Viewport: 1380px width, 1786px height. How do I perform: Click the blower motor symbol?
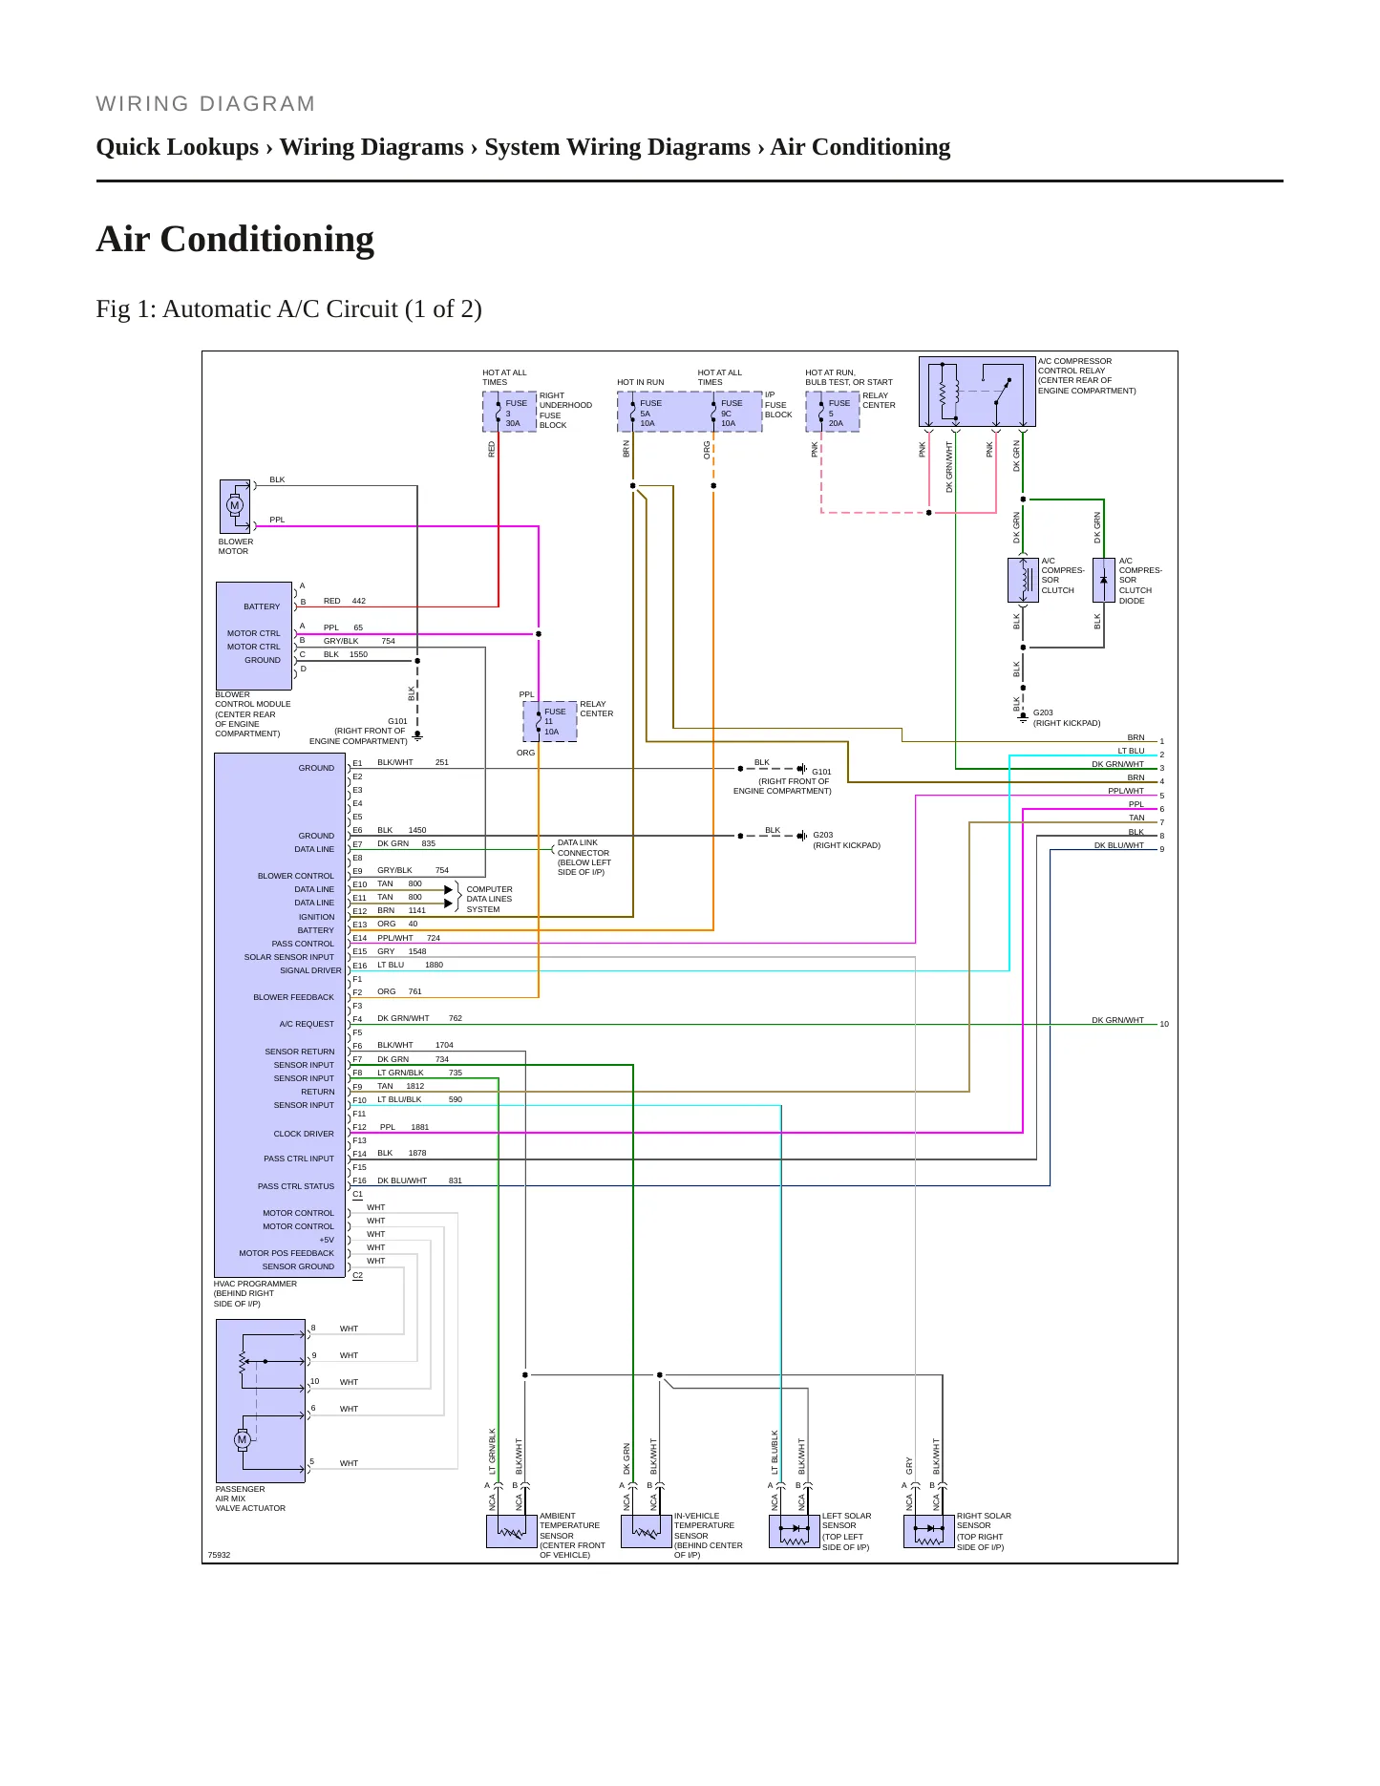[x=235, y=506]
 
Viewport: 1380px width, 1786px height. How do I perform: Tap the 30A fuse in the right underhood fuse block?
[x=509, y=412]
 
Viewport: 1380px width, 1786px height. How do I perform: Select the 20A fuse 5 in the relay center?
[x=833, y=412]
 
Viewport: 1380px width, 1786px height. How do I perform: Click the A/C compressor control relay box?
[x=977, y=392]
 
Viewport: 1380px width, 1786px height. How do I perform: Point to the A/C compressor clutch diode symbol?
[x=1104, y=580]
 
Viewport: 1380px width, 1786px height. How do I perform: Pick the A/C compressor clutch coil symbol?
[x=1023, y=580]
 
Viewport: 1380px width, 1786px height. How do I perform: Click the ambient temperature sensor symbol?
[x=512, y=1531]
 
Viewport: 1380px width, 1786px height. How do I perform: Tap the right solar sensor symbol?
[x=929, y=1531]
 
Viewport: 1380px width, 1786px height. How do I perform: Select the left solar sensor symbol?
[x=795, y=1531]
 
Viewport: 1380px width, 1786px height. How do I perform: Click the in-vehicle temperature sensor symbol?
[x=647, y=1531]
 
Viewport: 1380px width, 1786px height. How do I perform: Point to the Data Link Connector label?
[x=584, y=848]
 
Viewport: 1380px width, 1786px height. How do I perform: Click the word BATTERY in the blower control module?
[x=262, y=606]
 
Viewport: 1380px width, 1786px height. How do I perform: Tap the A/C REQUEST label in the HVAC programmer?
[x=307, y=1024]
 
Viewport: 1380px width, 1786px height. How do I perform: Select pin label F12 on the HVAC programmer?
[x=359, y=1127]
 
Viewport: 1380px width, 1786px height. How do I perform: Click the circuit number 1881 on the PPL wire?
[x=420, y=1127]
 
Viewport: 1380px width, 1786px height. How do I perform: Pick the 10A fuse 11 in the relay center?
[x=549, y=721]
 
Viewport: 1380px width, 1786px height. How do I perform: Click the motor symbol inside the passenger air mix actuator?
[x=243, y=1439]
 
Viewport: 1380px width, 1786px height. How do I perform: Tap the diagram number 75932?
[x=220, y=1555]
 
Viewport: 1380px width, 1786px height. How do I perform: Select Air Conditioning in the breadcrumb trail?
[x=860, y=147]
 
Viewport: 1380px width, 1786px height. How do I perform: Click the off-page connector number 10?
[x=1164, y=1024]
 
